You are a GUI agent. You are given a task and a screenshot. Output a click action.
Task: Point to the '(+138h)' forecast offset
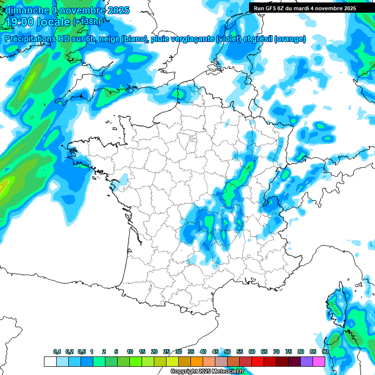(x=86, y=22)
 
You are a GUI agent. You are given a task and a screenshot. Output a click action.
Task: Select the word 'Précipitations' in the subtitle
(x=28, y=39)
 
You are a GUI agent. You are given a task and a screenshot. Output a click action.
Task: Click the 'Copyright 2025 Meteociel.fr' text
(x=207, y=372)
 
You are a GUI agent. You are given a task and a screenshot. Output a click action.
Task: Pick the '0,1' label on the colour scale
(x=57, y=352)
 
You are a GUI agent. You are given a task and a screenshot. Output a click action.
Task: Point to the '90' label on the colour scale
(x=325, y=352)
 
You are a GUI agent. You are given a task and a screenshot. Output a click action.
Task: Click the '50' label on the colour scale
(x=228, y=352)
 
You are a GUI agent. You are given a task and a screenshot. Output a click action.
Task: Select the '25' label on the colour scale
(x=167, y=352)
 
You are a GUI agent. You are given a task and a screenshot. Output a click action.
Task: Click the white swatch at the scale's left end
(x=50, y=361)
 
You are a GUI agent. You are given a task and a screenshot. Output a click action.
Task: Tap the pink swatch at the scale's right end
(x=319, y=361)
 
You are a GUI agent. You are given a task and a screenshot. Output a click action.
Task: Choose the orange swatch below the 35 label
(x=197, y=361)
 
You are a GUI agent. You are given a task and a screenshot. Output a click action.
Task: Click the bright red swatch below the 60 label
(x=258, y=361)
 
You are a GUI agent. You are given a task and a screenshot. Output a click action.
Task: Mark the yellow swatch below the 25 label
(x=172, y=361)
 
